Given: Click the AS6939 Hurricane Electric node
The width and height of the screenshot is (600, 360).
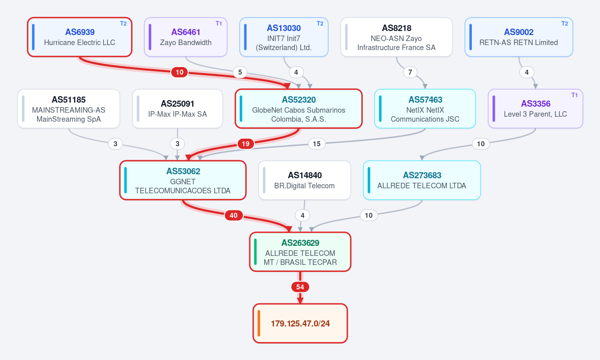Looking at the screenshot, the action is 80,37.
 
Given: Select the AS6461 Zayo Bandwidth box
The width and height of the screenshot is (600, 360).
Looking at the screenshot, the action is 186,37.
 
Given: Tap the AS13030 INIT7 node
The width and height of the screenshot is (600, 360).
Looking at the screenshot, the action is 284,37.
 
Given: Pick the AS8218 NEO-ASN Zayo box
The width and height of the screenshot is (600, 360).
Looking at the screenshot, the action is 396,37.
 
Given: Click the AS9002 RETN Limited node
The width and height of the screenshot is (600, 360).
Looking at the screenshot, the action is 519,37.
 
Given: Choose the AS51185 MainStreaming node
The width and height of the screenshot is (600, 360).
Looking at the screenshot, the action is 69,109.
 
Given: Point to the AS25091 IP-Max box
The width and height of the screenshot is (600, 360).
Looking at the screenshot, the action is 178,109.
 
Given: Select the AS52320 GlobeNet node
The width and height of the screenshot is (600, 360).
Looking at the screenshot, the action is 299,109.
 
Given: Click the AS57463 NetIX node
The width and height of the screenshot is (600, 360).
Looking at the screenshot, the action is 425,109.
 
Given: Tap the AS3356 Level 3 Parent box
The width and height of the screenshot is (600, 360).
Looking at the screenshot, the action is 535,109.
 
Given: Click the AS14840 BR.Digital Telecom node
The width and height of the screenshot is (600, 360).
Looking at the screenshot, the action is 305,180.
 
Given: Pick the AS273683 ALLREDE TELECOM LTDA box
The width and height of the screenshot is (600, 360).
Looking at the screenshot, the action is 422,180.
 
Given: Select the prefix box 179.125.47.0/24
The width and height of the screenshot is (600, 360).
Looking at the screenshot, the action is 300,323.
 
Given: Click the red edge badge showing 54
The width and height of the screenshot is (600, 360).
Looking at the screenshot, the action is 300,287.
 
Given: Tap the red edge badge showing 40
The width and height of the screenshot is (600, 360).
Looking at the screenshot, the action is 233,215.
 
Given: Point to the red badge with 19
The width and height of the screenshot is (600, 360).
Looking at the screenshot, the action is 246,144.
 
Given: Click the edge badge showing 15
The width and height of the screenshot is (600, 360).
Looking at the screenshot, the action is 316,144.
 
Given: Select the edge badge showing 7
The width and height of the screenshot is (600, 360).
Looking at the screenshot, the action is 410,72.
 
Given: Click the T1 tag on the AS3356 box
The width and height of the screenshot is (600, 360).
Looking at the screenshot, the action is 574,95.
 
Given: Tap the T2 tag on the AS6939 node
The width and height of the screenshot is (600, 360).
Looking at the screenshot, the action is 123,24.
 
